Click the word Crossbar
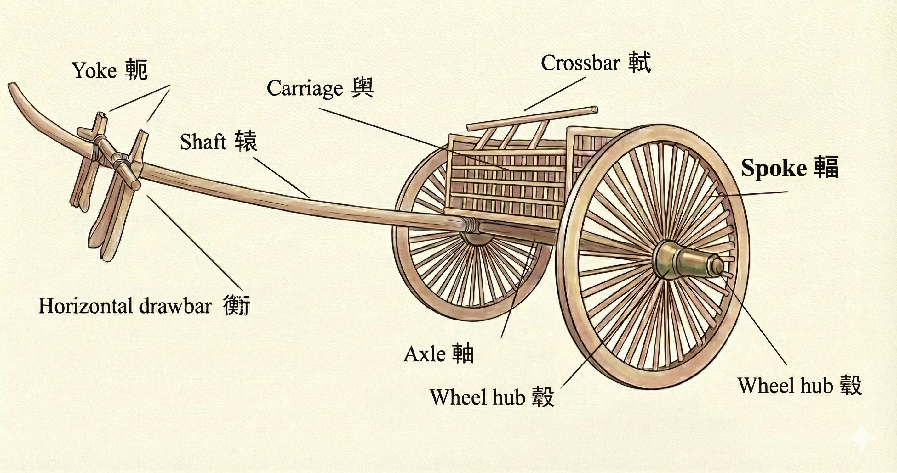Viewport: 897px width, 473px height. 580,63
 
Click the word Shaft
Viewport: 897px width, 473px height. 203,142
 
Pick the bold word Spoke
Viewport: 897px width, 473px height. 774,168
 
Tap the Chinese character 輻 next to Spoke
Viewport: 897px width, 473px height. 826,167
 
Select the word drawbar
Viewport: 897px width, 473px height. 175,306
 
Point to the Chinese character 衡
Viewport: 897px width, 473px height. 237,305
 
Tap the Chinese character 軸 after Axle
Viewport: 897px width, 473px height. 463,353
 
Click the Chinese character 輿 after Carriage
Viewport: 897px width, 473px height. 363,88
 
